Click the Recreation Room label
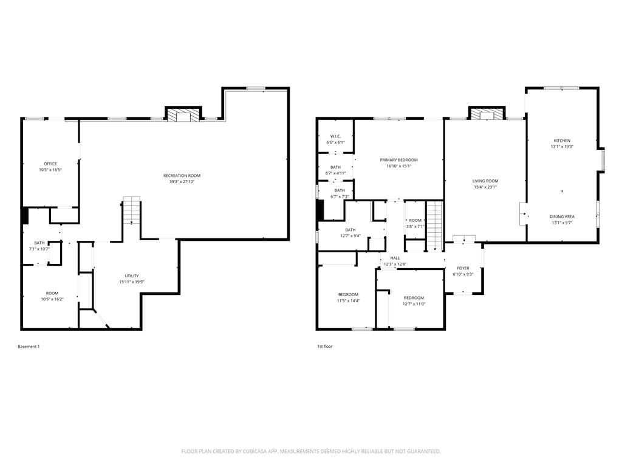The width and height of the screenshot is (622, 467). coord(182,176)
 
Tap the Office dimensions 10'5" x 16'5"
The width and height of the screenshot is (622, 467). coord(50,170)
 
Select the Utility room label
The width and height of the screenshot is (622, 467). coord(132,276)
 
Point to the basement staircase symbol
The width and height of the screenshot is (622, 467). coord(132,210)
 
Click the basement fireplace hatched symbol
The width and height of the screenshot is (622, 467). coord(183,116)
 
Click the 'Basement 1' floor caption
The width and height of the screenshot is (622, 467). coord(29,347)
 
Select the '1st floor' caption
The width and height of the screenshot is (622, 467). coord(324,347)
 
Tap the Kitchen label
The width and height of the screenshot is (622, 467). coord(562,140)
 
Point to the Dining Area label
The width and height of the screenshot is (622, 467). coord(562,217)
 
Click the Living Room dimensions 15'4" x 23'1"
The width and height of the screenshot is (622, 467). coord(485,187)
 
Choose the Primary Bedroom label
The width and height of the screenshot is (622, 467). coord(398,160)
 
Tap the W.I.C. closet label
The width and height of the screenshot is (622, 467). coord(335,136)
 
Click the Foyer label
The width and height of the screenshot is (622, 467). coord(463,268)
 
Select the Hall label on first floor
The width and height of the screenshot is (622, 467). coord(395,258)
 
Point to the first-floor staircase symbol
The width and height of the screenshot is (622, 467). coord(435,226)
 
